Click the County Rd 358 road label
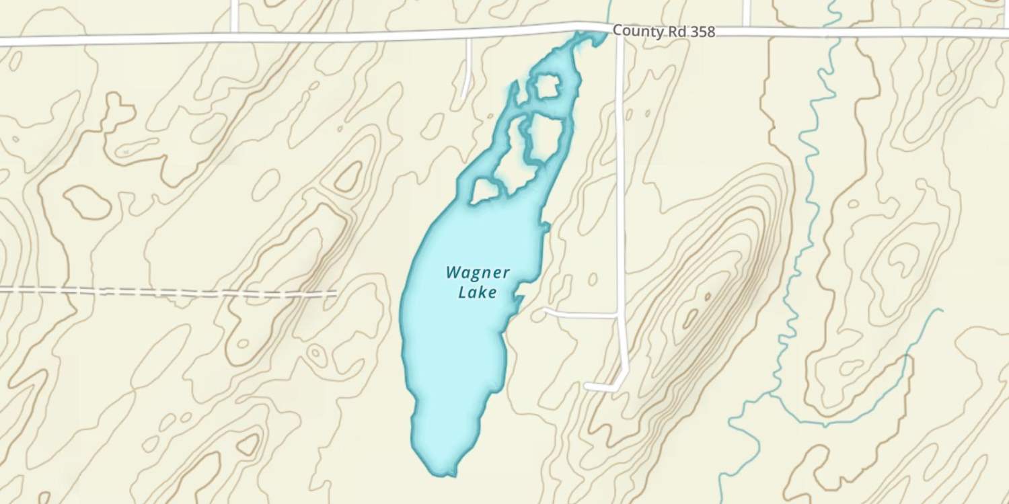coord(663,32)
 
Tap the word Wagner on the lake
coord(478,273)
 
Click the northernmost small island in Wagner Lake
coord(548,86)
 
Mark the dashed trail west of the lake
coord(168,292)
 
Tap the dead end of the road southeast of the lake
coord(588,386)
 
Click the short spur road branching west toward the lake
coord(578,312)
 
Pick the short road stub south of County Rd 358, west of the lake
coord(467,67)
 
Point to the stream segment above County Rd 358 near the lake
coord(609,10)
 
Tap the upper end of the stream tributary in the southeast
coord(938,310)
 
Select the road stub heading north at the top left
coord(234,15)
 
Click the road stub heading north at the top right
coord(746,12)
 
